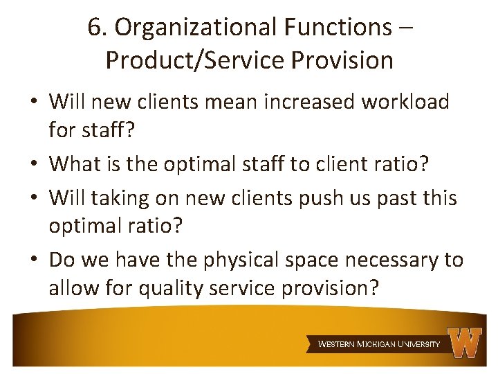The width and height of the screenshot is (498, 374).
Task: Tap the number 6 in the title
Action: coord(95,27)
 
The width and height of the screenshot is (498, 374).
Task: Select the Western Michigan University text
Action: coord(378,344)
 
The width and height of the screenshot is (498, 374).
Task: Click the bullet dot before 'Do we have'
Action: coord(34,260)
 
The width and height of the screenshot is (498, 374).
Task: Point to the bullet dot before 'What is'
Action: coord(34,165)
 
